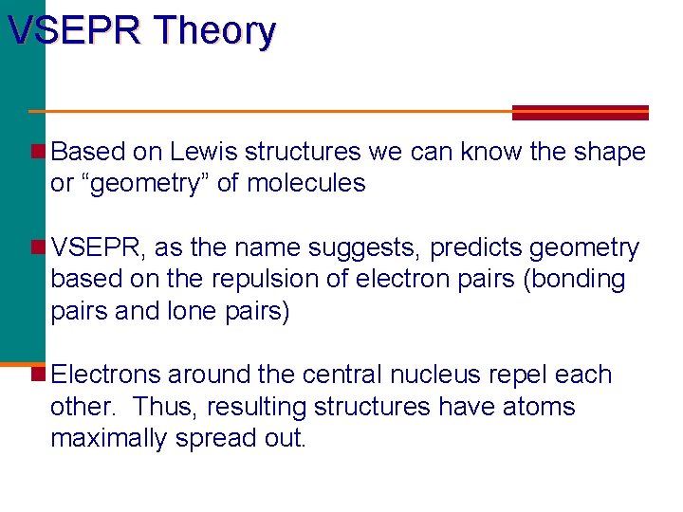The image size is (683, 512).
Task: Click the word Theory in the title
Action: tap(216, 31)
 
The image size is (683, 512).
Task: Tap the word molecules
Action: tap(305, 183)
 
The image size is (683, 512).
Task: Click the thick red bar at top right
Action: tap(580, 112)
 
